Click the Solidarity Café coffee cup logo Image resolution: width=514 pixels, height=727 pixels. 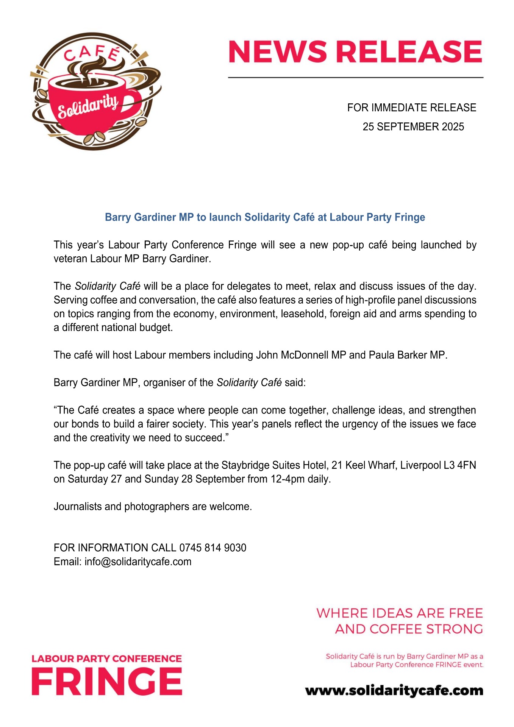[x=95, y=91]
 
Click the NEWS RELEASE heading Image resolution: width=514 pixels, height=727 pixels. [x=355, y=52]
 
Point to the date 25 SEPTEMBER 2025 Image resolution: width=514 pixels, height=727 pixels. [x=413, y=127]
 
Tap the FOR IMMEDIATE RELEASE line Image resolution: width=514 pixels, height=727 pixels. [x=412, y=108]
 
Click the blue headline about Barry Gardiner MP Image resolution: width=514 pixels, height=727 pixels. [x=265, y=217]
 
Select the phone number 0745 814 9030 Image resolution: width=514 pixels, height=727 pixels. [x=212, y=548]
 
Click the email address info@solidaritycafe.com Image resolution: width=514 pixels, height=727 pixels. [x=138, y=562]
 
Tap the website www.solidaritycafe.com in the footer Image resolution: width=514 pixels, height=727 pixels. [x=394, y=690]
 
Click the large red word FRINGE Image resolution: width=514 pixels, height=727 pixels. [x=107, y=682]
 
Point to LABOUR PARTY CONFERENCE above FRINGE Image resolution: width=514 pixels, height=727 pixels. [x=107, y=659]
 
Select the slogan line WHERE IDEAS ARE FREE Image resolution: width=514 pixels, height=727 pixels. [x=400, y=613]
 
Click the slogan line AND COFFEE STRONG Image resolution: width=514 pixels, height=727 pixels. [x=409, y=629]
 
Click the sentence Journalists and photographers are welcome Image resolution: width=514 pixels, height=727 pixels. [x=153, y=507]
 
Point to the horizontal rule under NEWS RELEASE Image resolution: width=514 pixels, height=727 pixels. [x=355, y=78]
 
